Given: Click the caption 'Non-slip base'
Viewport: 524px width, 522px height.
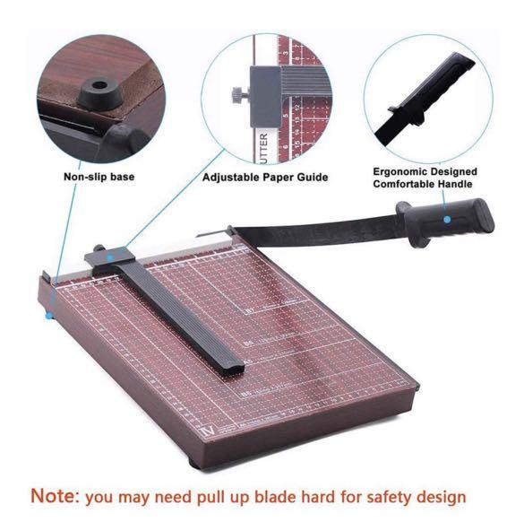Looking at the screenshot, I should [x=99, y=177].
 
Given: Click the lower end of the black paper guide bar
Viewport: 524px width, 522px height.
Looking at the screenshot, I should [x=228, y=365].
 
